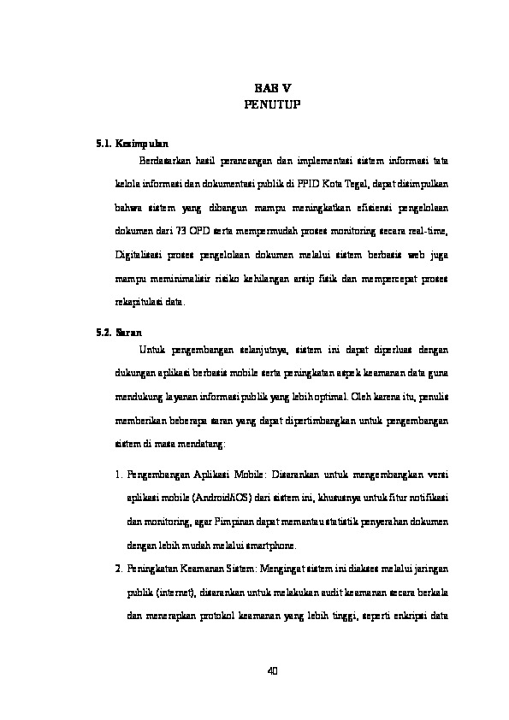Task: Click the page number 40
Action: [x=273, y=670]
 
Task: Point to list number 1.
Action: [x=117, y=473]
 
